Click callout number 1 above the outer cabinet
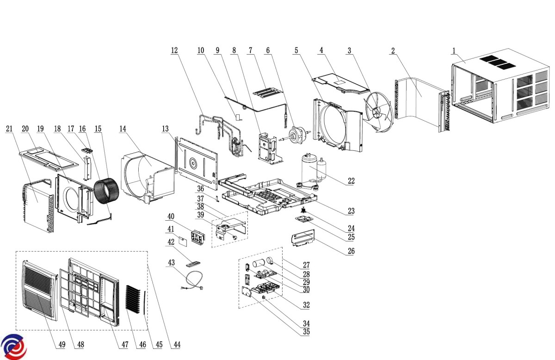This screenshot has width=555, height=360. pyautogui.click(x=454, y=50)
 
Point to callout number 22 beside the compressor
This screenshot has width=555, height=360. pyautogui.click(x=351, y=181)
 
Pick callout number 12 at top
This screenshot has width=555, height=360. pyautogui.click(x=174, y=50)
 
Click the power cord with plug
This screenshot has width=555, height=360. pyautogui.click(x=190, y=280)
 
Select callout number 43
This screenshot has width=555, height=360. pyautogui.click(x=171, y=262)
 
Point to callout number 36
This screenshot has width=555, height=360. pyautogui.click(x=200, y=188)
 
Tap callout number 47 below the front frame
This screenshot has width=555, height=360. pyautogui.click(x=123, y=345)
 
